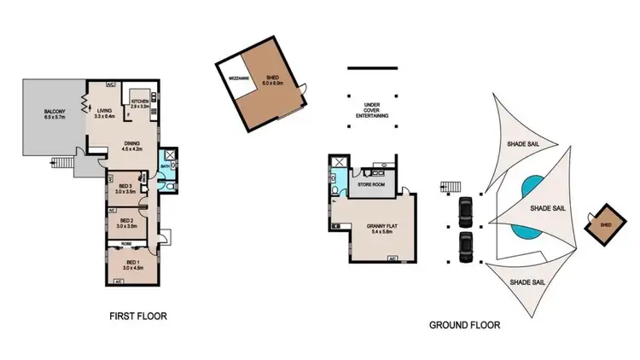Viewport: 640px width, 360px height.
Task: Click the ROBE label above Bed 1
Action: click(x=125, y=246)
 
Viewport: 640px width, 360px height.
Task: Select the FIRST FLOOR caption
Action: click(x=137, y=316)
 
